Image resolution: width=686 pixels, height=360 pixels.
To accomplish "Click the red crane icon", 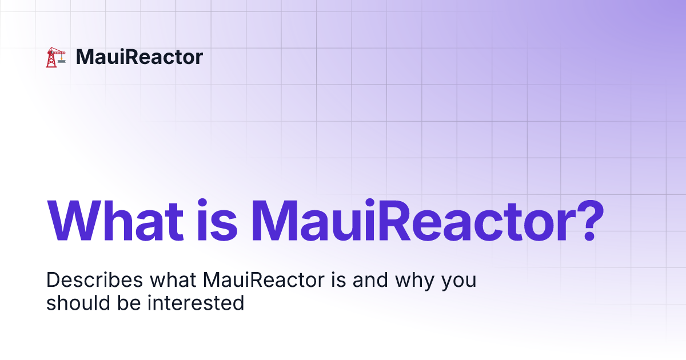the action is [x=56, y=57].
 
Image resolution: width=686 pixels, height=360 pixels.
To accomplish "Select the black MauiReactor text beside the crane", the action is [x=139, y=57].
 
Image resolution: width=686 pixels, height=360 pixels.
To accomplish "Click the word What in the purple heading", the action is [x=115, y=221].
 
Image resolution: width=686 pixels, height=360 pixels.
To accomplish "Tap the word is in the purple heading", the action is [x=217, y=221].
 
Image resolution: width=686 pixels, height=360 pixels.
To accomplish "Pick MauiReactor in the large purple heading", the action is [x=414, y=221].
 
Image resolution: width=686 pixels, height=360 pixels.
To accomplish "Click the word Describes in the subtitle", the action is [x=95, y=279].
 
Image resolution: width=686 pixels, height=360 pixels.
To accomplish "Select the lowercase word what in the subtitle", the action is [x=173, y=279].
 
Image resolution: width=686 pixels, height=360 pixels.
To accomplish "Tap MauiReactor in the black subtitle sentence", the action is [x=264, y=279].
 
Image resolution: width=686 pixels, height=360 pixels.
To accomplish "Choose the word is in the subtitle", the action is [x=338, y=279].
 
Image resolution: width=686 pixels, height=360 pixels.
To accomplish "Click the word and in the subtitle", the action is [x=370, y=279].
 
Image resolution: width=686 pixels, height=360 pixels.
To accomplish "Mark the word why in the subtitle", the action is [x=414, y=281].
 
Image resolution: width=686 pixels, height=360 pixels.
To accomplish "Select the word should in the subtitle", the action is [x=78, y=303].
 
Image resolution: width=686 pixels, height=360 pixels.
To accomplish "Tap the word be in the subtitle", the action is [x=129, y=303].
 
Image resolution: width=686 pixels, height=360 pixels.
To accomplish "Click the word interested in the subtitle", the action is [x=196, y=303].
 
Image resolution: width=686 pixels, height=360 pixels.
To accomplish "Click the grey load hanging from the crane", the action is [x=62, y=61].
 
